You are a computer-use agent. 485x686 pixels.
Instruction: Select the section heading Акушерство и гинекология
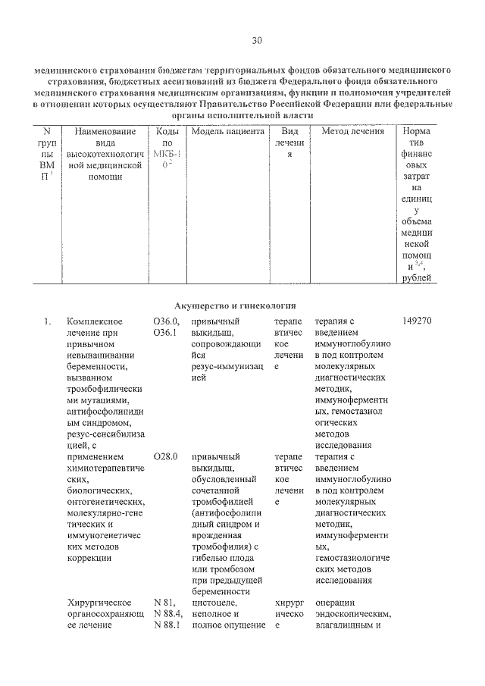click(233, 305)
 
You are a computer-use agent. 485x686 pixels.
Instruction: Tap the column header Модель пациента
click(227, 131)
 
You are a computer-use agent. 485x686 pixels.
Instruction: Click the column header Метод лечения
click(352, 131)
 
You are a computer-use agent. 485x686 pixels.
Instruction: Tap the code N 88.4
click(167, 612)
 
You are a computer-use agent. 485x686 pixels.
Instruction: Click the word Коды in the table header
click(167, 131)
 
